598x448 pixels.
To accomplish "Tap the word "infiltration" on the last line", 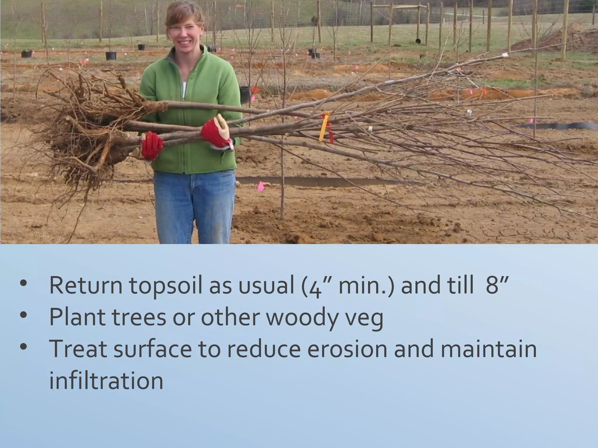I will pos(106,381).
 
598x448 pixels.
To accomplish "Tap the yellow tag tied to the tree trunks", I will pos(324,127).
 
